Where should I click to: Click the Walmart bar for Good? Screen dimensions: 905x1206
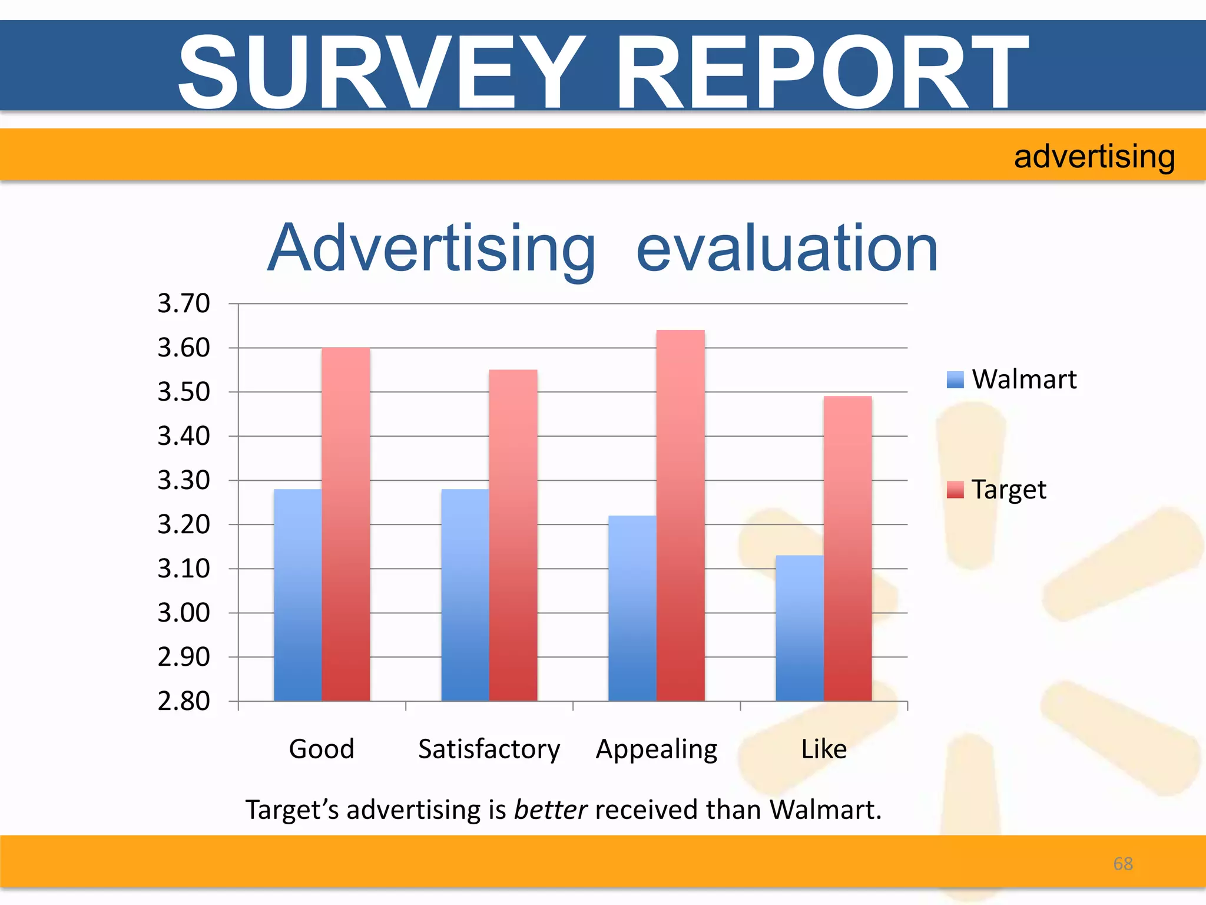tap(297, 595)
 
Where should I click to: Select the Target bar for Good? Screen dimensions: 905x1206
tap(346, 524)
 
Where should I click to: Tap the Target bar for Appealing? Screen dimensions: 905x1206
tap(680, 516)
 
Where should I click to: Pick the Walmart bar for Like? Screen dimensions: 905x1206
tap(799, 628)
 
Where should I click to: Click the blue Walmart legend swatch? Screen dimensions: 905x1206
tap(955, 379)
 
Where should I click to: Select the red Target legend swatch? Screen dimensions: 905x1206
tap(955, 490)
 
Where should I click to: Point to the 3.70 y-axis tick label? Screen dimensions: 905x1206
tap(183, 303)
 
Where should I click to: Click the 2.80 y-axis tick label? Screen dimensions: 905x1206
tap(183, 701)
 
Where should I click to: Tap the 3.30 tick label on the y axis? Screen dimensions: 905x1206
tap(183, 480)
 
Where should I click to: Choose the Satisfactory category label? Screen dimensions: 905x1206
tap(489, 749)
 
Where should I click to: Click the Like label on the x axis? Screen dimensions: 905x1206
tap(824, 749)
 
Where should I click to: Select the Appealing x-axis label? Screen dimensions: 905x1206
tap(657, 749)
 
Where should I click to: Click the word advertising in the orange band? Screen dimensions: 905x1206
tap(1094, 157)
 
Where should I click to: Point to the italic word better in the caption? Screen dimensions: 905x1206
tap(550, 810)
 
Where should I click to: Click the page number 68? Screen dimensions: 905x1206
tap(1123, 863)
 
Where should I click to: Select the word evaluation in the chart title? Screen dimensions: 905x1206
tap(787, 249)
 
